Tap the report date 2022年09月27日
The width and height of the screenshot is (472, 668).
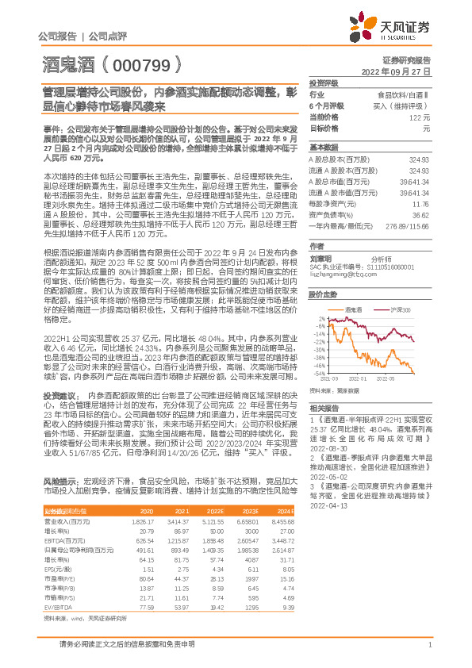pyautogui.click(x=401, y=71)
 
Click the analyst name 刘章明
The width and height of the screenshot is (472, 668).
pyautogui.click(x=320, y=258)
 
